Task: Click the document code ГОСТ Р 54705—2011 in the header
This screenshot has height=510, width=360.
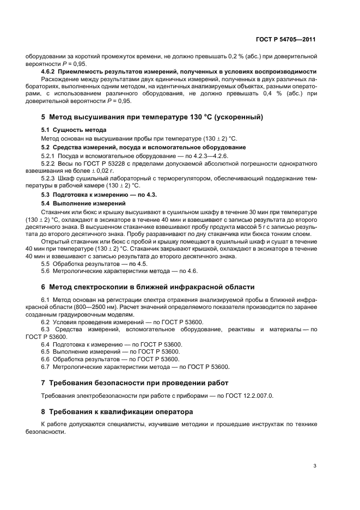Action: click(286, 40)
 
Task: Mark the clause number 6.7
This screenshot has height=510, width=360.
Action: click(47, 367)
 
